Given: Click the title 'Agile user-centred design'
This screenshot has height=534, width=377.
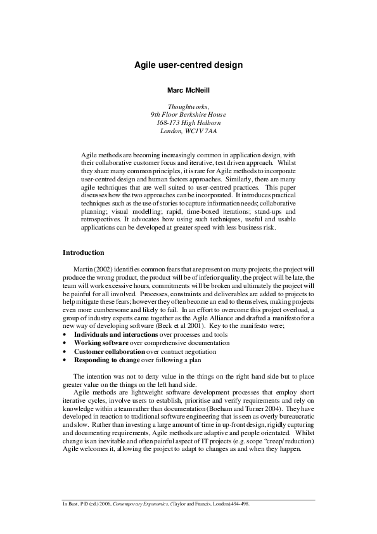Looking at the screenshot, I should pyautogui.click(x=188, y=65).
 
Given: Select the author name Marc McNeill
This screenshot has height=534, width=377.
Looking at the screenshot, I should pyautogui.click(x=188, y=91).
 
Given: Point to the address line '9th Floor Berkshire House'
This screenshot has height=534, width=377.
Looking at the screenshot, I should pyautogui.click(x=188, y=115).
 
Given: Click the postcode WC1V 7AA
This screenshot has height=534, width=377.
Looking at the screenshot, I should pyautogui.click(x=201, y=131).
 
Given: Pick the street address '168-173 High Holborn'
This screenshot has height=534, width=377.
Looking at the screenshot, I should pyautogui.click(x=188, y=123).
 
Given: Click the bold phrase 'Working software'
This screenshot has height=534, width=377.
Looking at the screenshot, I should pyautogui.click(x=99, y=342).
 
